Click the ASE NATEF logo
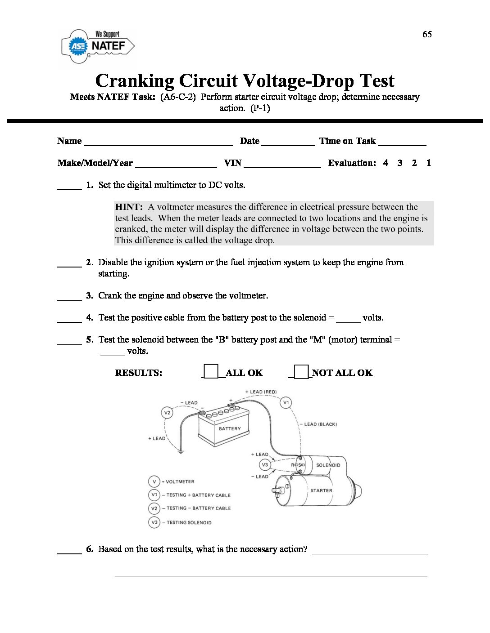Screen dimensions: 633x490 point(98,46)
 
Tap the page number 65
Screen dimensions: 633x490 point(427,35)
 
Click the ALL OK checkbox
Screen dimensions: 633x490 point(211,372)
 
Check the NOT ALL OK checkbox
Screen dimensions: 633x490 point(301,372)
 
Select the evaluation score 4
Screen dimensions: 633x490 point(386,163)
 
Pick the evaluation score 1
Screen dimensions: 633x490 point(428,163)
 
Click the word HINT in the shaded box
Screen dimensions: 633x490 point(129,207)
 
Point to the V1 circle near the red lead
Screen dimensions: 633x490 point(286,402)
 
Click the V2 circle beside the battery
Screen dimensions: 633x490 point(167,412)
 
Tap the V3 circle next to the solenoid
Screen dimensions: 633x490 point(265,465)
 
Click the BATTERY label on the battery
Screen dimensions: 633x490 point(230,429)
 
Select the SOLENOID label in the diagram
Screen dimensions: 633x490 point(328,465)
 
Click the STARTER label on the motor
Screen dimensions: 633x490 point(321,490)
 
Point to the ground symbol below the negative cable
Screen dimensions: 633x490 point(181,450)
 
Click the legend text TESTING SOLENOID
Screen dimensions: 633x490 point(189,522)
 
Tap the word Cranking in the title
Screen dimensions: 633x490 point(135,81)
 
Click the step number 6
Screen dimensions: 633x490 point(90,549)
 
